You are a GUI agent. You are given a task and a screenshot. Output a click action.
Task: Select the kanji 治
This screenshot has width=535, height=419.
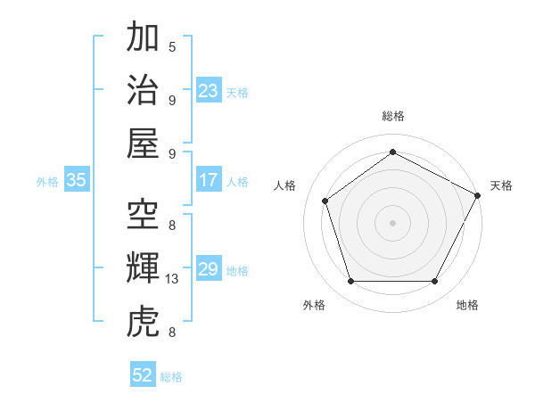click(x=143, y=90)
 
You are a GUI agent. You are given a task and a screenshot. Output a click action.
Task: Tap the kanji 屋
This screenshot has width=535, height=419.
click(x=143, y=142)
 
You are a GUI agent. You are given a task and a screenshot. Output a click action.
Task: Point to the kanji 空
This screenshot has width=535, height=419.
click(x=143, y=215)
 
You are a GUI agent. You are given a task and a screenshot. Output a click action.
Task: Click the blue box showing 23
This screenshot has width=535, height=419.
click(x=209, y=90)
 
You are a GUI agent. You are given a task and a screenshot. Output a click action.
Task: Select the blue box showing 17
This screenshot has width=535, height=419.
click(x=209, y=180)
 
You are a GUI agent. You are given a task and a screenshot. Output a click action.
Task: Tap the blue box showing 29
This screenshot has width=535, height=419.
click(x=209, y=269)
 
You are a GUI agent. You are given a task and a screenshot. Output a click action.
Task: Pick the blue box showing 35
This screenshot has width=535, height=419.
click(x=76, y=180)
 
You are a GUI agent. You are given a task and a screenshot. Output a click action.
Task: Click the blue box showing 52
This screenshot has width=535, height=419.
click(x=143, y=375)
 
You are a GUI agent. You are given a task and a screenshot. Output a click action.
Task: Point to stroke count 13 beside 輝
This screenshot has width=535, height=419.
click(x=172, y=279)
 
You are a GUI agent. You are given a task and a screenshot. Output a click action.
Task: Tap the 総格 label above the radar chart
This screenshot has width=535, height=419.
click(x=392, y=116)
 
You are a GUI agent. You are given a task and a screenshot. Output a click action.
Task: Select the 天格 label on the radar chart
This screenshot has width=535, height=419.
click(x=501, y=185)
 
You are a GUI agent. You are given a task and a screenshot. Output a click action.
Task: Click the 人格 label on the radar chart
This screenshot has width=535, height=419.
click(x=284, y=185)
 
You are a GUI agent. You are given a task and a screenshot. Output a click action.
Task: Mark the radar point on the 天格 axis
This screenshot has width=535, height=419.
click(x=478, y=195)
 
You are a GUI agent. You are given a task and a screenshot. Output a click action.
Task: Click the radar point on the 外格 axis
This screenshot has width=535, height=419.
click(x=350, y=282)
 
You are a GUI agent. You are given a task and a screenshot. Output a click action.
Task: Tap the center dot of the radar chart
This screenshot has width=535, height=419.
click(x=392, y=222)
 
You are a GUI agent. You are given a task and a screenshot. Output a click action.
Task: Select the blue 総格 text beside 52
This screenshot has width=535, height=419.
click(x=171, y=377)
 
